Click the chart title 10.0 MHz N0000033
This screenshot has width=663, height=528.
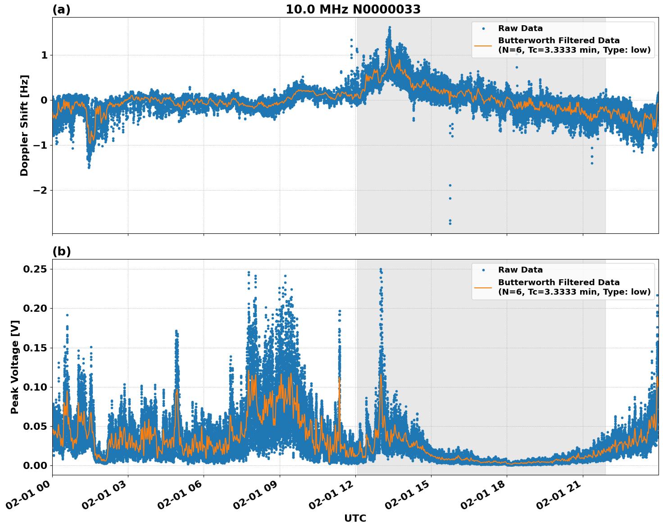pos(353,9)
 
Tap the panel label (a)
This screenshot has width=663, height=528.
pos(61,9)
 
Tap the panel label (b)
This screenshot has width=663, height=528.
pos(61,251)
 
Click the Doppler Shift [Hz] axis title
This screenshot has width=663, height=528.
pos(24,125)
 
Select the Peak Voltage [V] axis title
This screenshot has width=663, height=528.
pos(15,367)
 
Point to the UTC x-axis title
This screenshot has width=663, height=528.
pos(355,519)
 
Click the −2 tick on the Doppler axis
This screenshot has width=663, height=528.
pos(41,190)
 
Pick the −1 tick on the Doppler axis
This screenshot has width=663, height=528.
pos(41,145)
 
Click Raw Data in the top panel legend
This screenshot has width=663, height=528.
pos(520,28)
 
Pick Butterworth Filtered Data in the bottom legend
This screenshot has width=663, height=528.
pos(559,282)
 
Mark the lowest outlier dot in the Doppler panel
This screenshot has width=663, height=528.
pos(450,223)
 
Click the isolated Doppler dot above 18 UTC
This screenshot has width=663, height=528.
pos(517,67)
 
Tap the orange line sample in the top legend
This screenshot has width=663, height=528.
pos(483,45)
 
